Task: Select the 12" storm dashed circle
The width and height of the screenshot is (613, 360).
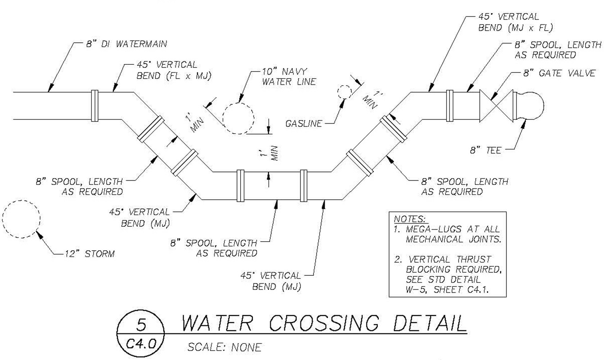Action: click(x=21, y=219)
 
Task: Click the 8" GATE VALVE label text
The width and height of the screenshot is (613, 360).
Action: click(x=559, y=73)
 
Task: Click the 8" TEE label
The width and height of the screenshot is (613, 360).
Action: click(x=485, y=150)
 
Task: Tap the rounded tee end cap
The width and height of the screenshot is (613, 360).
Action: click(x=532, y=106)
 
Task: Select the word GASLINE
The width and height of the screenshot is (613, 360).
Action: click(x=304, y=123)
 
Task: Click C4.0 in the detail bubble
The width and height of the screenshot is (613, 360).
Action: click(x=140, y=344)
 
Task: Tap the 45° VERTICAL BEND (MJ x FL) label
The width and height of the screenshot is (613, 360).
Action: click(x=515, y=22)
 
